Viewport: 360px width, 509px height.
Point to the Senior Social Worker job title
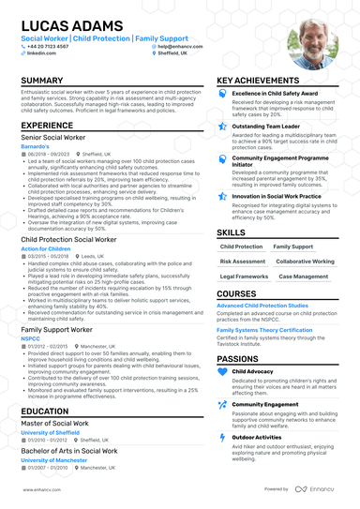(x=55, y=138)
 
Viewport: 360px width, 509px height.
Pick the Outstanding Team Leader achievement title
(x=267, y=126)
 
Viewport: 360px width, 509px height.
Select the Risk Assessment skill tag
(x=243, y=262)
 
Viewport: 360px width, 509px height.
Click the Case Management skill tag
(x=304, y=277)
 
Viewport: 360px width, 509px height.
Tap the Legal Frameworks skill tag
(x=245, y=277)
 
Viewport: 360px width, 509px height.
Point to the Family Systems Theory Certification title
(x=264, y=330)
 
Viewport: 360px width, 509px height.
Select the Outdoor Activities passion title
(x=258, y=437)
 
